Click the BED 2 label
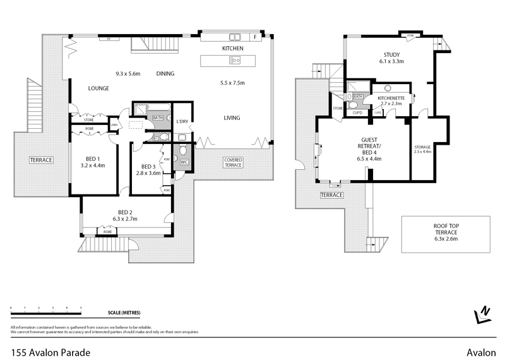tap(125, 212)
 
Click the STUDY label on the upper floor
tap(392, 54)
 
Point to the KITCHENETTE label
tap(390, 99)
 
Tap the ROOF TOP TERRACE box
tap(446, 232)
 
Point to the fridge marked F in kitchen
tap(254, 37)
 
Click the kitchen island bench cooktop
tap(235, 61)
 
